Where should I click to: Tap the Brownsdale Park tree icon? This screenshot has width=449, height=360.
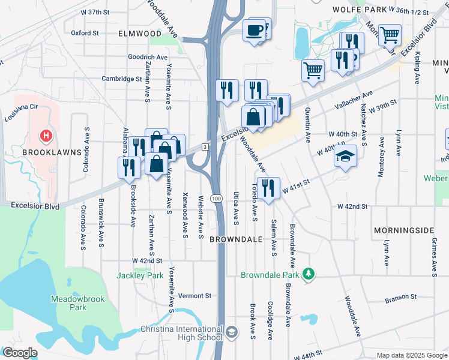pos(309,274)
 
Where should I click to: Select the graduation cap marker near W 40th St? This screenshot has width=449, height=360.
pos(345,157)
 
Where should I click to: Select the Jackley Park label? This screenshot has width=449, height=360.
pos(139,275)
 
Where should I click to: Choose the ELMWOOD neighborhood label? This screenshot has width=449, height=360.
pos(140,33)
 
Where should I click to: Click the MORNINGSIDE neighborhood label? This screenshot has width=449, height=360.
pos(403,230)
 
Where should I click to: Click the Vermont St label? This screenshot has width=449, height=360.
pos(195,296)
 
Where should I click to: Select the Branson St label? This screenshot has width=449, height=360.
pos(400,297)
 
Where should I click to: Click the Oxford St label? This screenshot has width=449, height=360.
pos(85,33)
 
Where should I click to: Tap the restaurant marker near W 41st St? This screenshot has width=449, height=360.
pos(268,187)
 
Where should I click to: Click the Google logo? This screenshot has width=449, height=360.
pos(20,353)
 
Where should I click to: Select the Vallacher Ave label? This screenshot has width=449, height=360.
pos(354,98)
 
